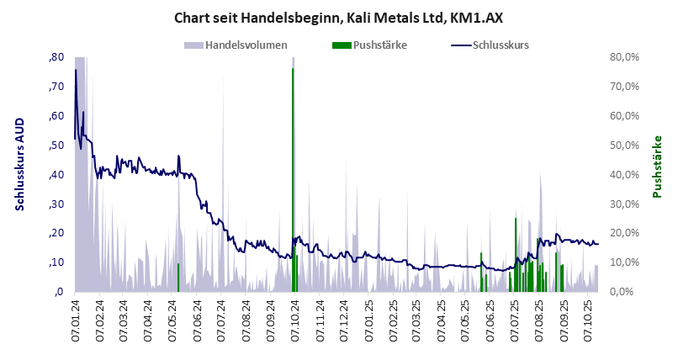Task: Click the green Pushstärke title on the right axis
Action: click(658, 167)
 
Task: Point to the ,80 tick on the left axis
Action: click(57, 57)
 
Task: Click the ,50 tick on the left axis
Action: click(57, 146)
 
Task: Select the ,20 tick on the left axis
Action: click(57, 233)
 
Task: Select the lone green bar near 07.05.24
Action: click(178, 278)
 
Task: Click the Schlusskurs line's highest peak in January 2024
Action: click(76, 71)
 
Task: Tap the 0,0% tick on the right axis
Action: click(627, 292)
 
